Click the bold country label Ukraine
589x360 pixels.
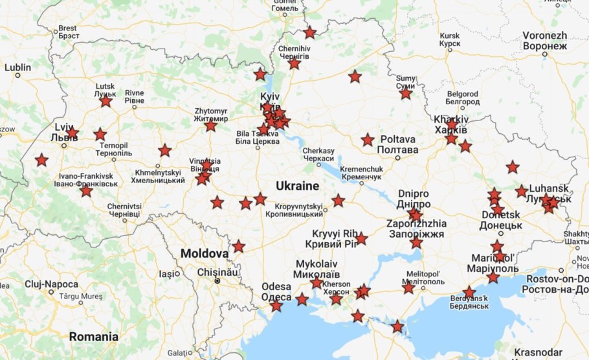(297, 186)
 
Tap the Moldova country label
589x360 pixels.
(204, 253)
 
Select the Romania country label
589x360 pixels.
(94, 337)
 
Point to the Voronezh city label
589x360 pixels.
(544, 40)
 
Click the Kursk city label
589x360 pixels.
(449, 39)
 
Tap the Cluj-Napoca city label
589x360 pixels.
(51, 284)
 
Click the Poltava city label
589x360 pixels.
(397, 144)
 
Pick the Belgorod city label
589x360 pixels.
(462, 98)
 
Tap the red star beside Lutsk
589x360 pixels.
(106, 101)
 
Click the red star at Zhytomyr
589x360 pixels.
(210, 126)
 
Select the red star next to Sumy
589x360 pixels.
(406, 93)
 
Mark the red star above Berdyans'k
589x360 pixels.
(469, 292)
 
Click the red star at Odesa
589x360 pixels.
(276, 306)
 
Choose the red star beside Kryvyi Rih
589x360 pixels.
(361, 238)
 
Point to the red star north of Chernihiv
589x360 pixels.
(310, 32)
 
